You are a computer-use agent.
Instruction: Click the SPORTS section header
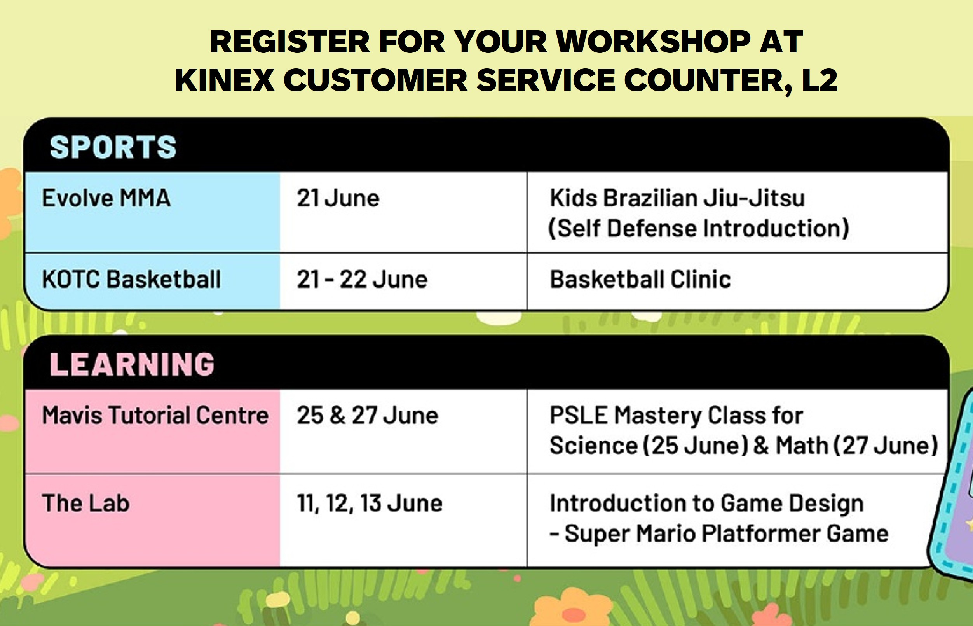[x=113, y=147]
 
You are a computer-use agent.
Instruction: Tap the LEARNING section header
[x=132, y=364]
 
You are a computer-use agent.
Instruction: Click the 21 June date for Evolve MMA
[x=338, y=198]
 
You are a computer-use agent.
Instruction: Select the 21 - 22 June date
[x=362, y=279]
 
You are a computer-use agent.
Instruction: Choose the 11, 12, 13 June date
[x=370, y=503]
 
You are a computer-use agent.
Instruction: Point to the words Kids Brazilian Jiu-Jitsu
[x=677, y=198]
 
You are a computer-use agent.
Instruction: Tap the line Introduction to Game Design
[x=707, y=503]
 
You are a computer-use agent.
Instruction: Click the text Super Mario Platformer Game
[x=726, y=533]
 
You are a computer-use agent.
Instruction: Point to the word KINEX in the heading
[x=225, y=80]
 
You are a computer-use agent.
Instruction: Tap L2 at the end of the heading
[x=820, y=80]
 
